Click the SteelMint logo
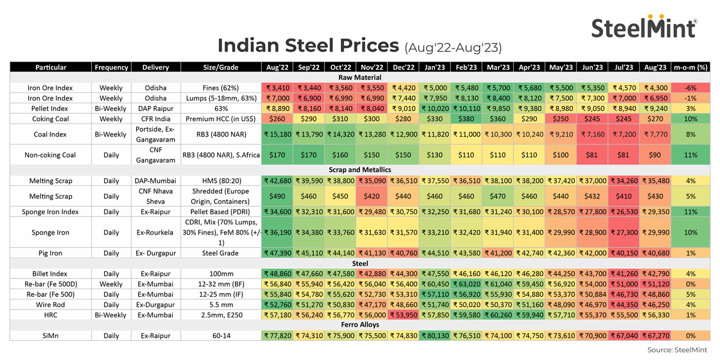pos(644,26)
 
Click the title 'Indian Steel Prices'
pos(308,46)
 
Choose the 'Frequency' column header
pos(111,67)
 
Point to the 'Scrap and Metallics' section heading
pos(359,170)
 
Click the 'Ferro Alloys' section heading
pos(359,325)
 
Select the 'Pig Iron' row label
pos(50,253)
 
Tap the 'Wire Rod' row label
pos(50,304)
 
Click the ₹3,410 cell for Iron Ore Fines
pos(277,88)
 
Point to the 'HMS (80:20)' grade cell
pos(221,181)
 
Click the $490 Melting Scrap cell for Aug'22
pos(277,196)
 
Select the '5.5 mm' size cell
pos(221,304)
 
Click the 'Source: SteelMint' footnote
pos(677,350)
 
